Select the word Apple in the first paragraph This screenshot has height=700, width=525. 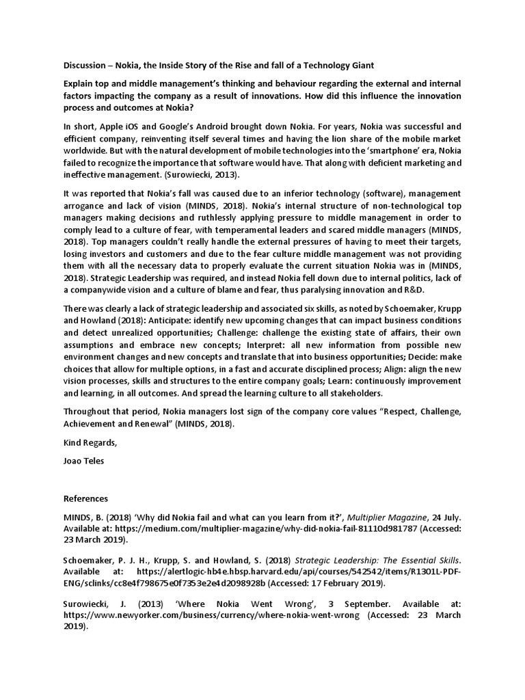tap(114, 127)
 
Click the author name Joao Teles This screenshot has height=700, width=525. tap(84, 461)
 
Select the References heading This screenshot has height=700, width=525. tap(85, 498)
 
